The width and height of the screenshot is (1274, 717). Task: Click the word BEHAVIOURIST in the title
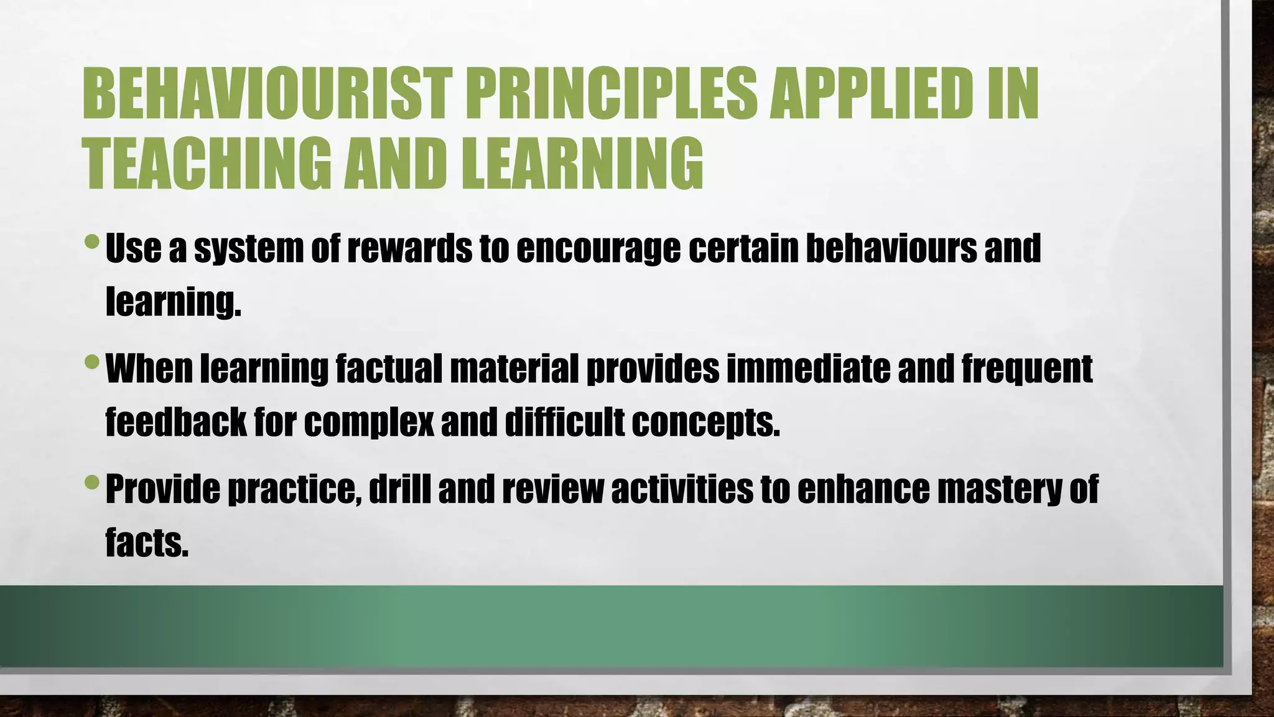(x=265, y=94)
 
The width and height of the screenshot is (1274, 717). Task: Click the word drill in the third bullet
(x=399, y=489)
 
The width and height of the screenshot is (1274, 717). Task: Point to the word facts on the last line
(x=147, y=542)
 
